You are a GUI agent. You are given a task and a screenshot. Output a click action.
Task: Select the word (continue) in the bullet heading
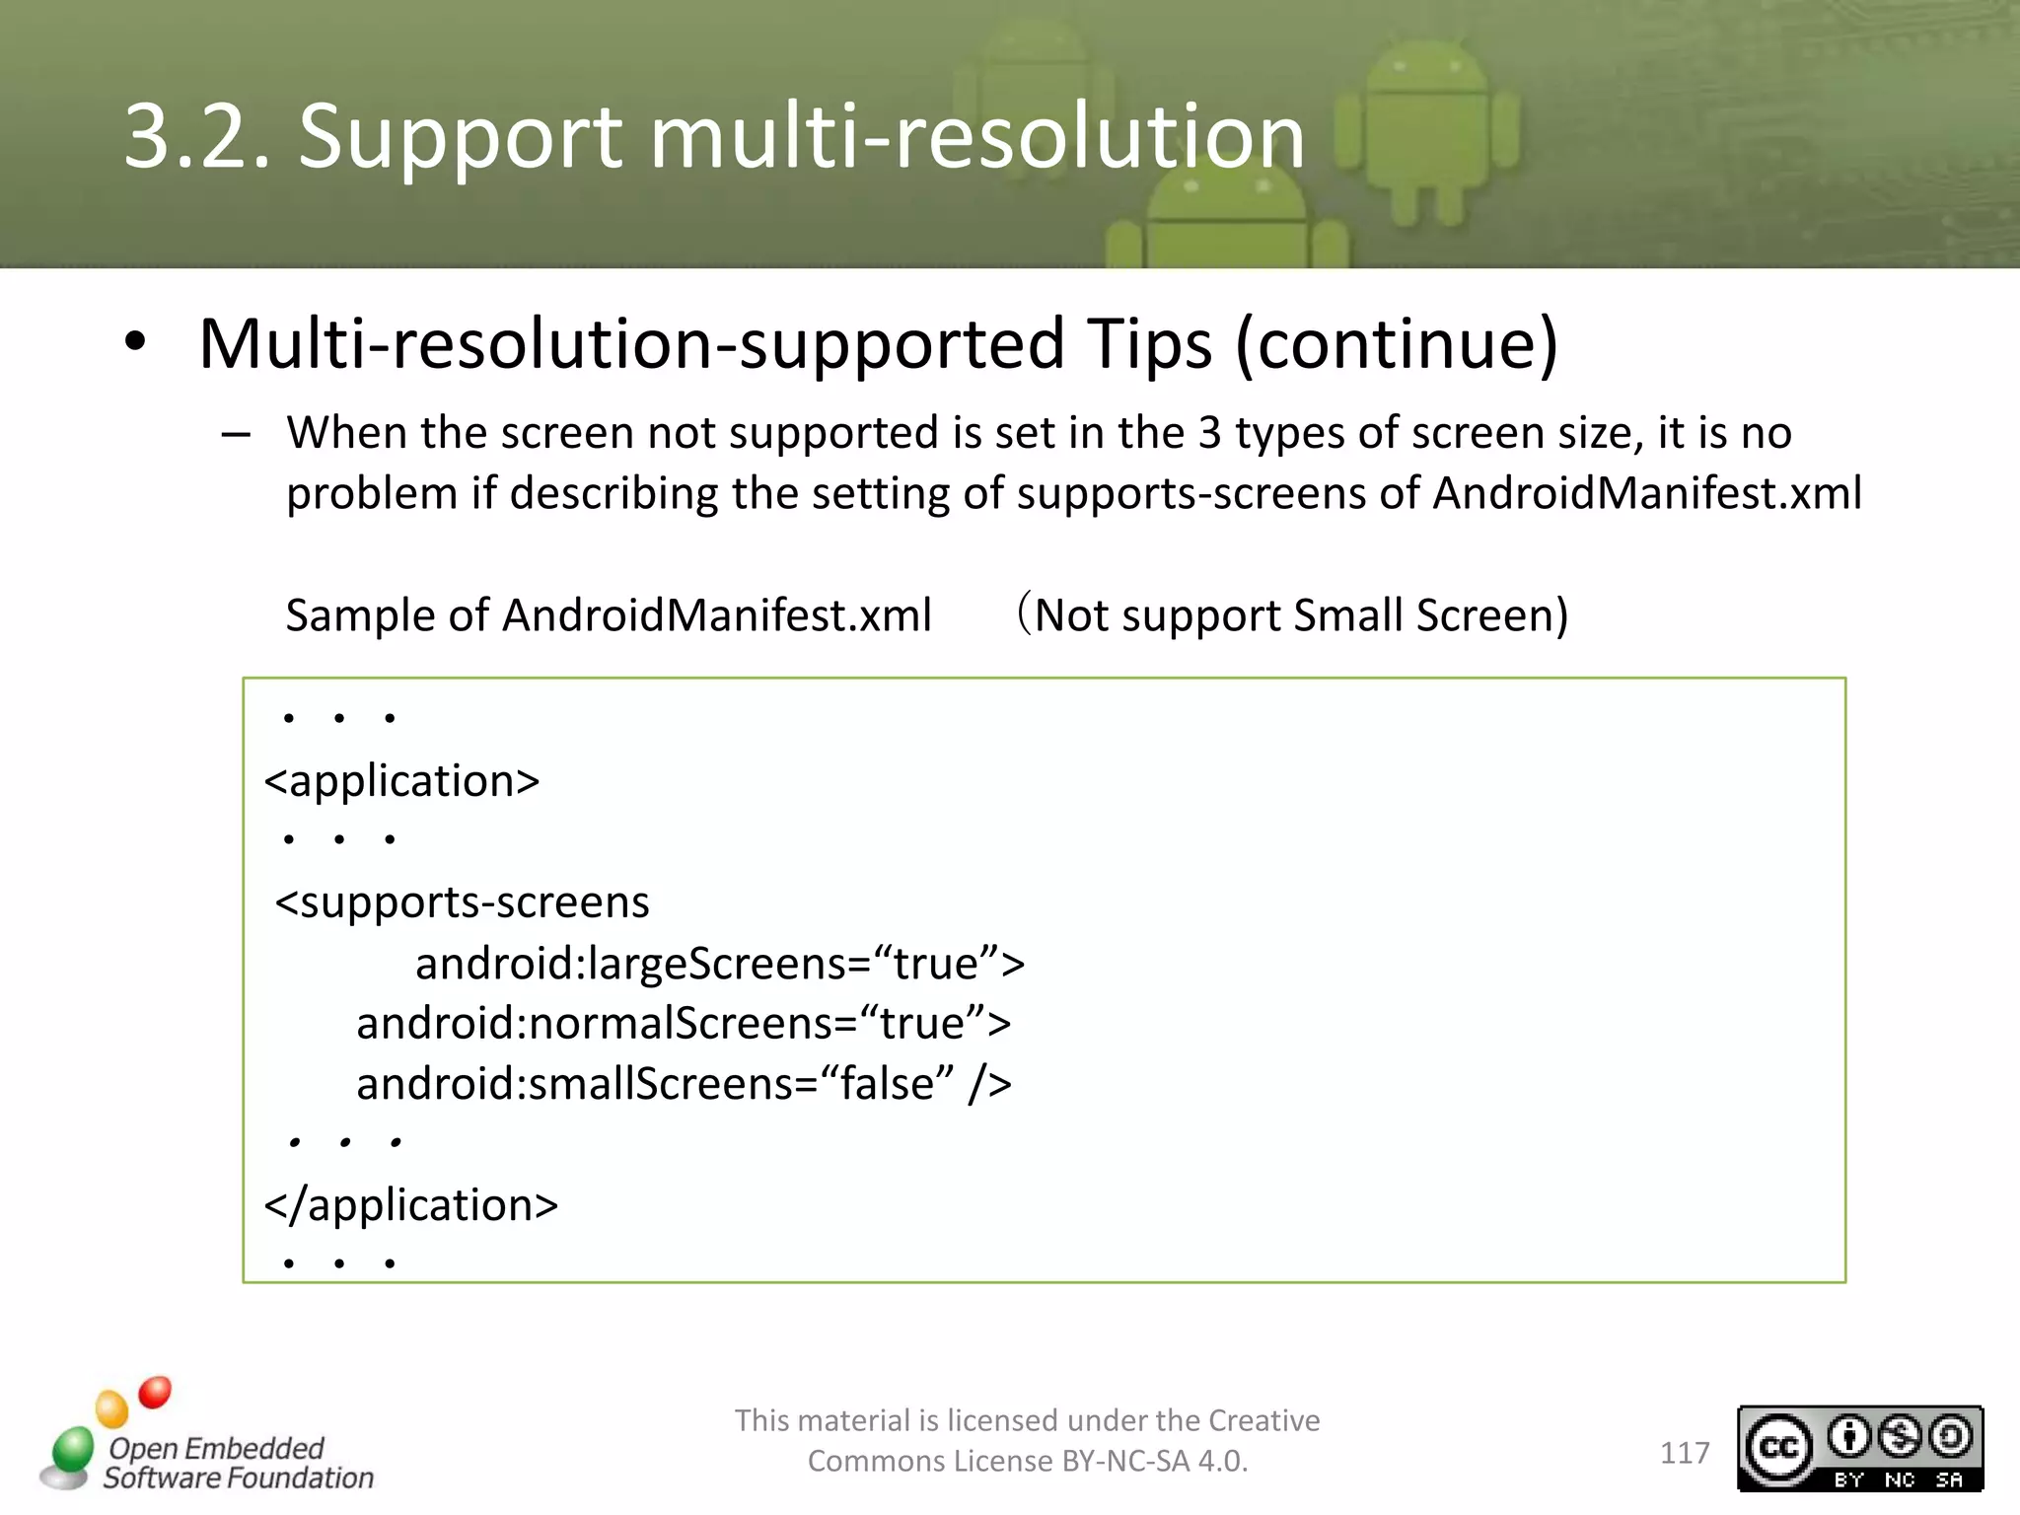click(x=1396, y=344)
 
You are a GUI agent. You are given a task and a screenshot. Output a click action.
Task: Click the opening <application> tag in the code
click(x=402, y=781)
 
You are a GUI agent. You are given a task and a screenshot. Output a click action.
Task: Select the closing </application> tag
click(x=411, y=1205)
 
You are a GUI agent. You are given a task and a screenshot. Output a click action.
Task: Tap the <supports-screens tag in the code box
click(x=463, y=902)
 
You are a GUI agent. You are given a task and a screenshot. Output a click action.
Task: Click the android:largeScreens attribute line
click(x=720, y=964)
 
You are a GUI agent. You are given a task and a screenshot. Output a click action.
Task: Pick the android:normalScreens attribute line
click(x=684, y=1024)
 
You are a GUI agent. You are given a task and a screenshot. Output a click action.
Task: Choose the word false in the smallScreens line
click(x=896, y=1084)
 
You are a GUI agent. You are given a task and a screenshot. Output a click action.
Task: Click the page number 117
click(x=1685, y=1453)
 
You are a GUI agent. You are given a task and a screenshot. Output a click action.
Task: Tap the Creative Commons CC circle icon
click(x=1779, y=1448)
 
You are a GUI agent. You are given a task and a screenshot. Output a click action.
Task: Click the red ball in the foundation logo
click(x=155, y=1393)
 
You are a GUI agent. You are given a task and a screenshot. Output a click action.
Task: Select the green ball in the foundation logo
click(x=72, y=1451)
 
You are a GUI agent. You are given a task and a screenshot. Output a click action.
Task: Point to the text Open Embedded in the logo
click(x=216, y=1448)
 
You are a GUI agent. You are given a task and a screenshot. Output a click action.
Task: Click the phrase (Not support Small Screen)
click(x=1292, y=615)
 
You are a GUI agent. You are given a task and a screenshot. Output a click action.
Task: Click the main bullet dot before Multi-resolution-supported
click(x=135, y=343)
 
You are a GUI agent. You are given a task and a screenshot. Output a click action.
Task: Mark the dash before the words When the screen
click(x=236, y=434)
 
